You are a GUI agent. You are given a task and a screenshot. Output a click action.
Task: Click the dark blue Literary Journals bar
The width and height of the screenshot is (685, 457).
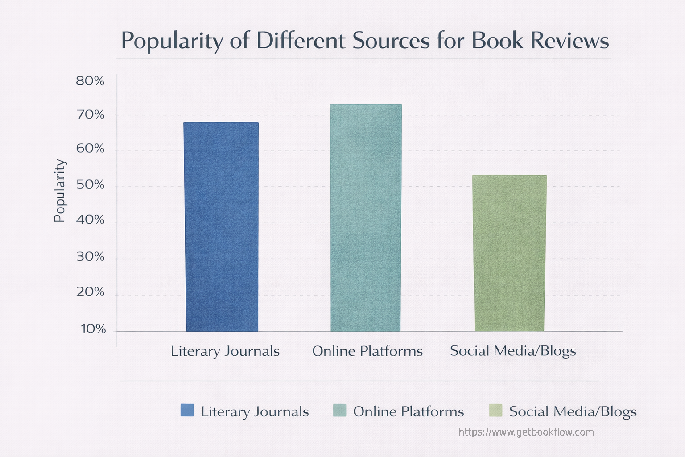point(222,227)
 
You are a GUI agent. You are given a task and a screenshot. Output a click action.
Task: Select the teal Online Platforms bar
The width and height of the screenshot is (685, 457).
point(366,218)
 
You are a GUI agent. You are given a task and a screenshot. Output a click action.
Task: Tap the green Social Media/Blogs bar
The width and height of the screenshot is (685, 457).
point(509,253)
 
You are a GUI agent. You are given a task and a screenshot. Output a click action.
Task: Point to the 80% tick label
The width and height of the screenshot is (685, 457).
point(90,81)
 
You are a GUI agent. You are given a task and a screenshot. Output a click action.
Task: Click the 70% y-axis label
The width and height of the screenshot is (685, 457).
point(90,115)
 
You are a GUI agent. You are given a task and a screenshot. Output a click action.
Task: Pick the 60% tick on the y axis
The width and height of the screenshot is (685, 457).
point(90,149)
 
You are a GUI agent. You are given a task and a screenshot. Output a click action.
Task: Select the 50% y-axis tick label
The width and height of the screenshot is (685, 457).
point(90,185)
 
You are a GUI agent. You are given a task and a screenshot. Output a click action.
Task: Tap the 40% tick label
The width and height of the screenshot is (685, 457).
point(90,220)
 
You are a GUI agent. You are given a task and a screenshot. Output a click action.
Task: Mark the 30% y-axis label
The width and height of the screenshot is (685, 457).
point(90,257)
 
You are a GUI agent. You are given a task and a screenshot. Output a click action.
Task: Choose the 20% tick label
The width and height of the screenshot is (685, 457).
point(90,292)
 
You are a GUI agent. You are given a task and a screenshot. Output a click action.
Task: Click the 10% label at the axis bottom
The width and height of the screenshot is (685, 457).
point(93,329)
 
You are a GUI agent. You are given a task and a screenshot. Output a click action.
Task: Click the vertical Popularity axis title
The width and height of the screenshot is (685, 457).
point(60,191)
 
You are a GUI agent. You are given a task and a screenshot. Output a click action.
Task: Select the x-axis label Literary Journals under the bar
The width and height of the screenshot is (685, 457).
point(225,351)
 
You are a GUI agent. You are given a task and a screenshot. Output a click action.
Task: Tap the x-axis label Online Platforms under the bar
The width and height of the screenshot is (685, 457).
point(367,351)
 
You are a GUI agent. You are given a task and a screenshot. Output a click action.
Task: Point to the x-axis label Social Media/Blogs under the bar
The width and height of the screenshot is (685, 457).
point(513,351)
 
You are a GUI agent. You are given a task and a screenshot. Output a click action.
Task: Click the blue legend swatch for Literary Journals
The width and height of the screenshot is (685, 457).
point(187,410)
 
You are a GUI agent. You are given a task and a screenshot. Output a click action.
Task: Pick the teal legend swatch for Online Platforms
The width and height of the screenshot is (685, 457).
point(339,410)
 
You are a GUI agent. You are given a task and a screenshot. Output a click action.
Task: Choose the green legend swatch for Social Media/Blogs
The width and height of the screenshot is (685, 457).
point(495,410)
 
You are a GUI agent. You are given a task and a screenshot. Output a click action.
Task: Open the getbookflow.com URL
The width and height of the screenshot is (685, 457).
point(526,432)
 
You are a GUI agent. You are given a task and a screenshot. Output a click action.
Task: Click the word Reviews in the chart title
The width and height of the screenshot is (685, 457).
point(569,41)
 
